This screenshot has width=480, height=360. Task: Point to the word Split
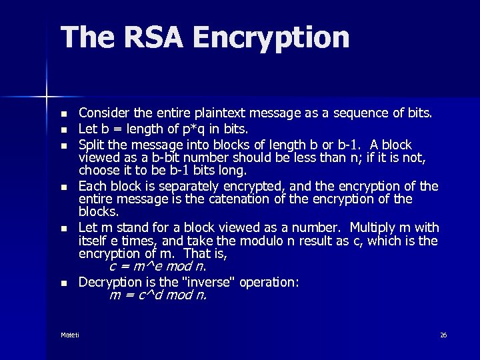pyautogui.click(x=91, y=145)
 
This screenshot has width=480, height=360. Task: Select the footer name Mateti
pyautogui.click(x=69, y=335)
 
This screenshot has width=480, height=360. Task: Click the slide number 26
pyautogui.click(x=443, y=335)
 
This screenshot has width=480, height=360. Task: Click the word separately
pyautogui.click(x=169, y=186)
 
